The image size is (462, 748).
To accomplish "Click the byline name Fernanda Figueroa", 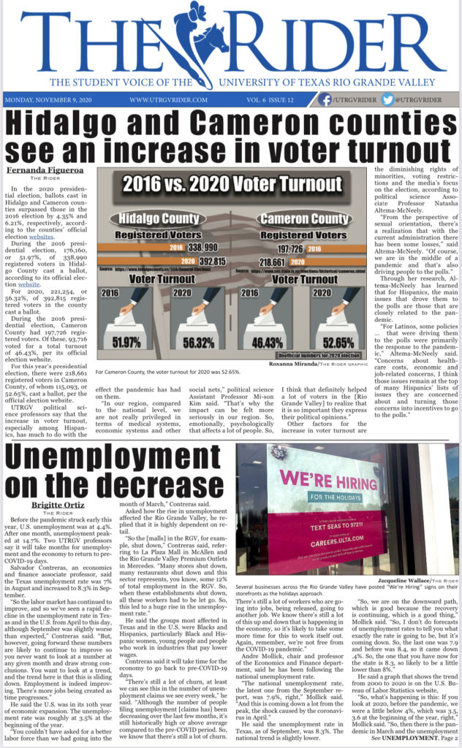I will [35, 172].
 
